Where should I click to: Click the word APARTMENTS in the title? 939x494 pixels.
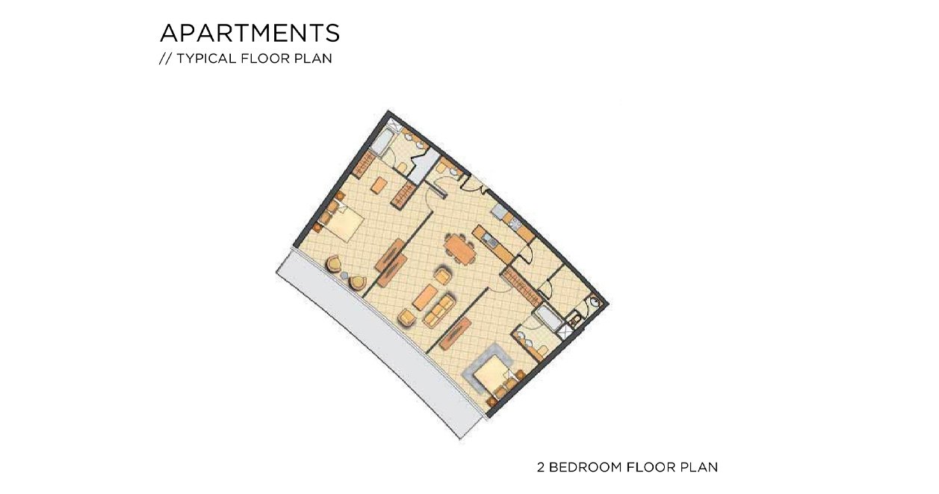pyautogui.click(x=250, y=33)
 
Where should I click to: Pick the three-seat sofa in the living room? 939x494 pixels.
pyautogui.click(x=438, y=310)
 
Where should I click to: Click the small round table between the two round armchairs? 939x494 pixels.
pyautogui.click(x=344, y=275)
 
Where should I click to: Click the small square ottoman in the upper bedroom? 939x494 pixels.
pyautogui.click(x=379, y=185)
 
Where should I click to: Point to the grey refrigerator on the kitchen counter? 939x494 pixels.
pyautogui.click(x=500, y=212)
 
